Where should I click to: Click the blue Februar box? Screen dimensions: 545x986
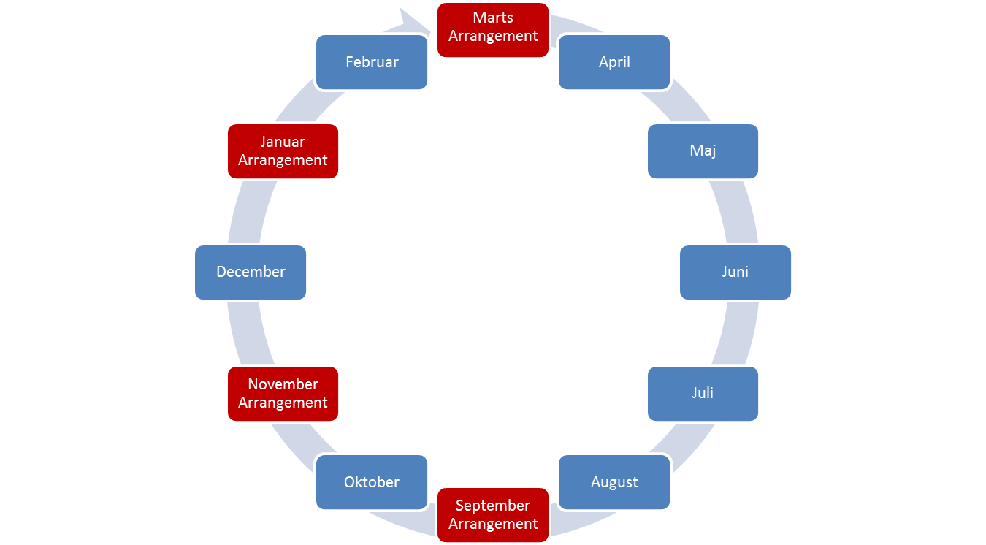pyautogui.click(x=372, y=62)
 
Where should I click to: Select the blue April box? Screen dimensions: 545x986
pyautogui.click(x=614, y=62)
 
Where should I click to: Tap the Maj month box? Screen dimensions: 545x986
pyautogui.click(x=703, y=150)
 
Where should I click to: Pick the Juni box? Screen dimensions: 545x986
pyautogui.click(x=735, y=272)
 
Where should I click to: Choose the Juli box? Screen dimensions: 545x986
pyautogui.click(x=703, y=393)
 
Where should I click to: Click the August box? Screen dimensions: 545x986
pyautogui.click(x=614, y=482)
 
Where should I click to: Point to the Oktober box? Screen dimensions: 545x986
pyautogui.click(x=372, y=482)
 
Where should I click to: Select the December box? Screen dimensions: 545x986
pyautogui.click(x=251, y=272)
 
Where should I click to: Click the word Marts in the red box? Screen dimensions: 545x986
pyautogui.click(x=493, y=18)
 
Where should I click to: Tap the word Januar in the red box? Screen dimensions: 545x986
pyautogui.click(x=283, y=142)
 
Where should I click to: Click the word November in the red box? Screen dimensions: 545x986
pyautogui.click(x=283, y=384)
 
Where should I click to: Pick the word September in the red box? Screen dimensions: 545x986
pyautogui.click(x=493, y=506)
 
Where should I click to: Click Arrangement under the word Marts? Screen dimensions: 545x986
pyautogui.click(x=493, y=36)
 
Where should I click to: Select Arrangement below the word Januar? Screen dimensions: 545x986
pyautogui.click(x=283, y=160)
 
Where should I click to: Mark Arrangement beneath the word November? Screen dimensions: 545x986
pyautogui.click(x=283, y=403)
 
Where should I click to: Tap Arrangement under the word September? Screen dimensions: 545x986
pyautogui.click(x=493, y=524)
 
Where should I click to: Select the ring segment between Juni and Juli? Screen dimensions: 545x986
pyautogui.click(x=738, y=332)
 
